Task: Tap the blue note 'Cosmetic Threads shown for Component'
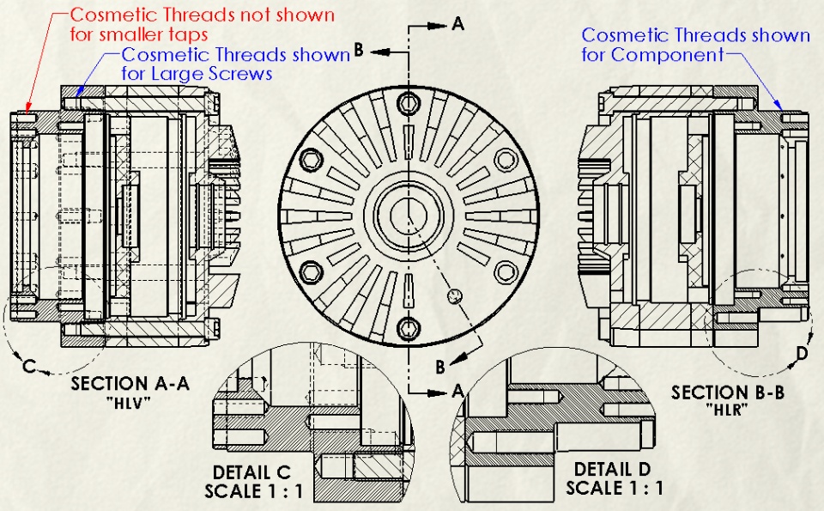pyautogui.click(x=695, y=45)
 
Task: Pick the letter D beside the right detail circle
pyautogui.click(x=802, y=352)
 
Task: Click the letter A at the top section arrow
pyautogui.click(x=457, y=25)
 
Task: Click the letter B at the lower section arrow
pyautogui.click(x=439, y=367)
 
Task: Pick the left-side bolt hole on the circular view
pyautogui.click(x=312, y=160)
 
